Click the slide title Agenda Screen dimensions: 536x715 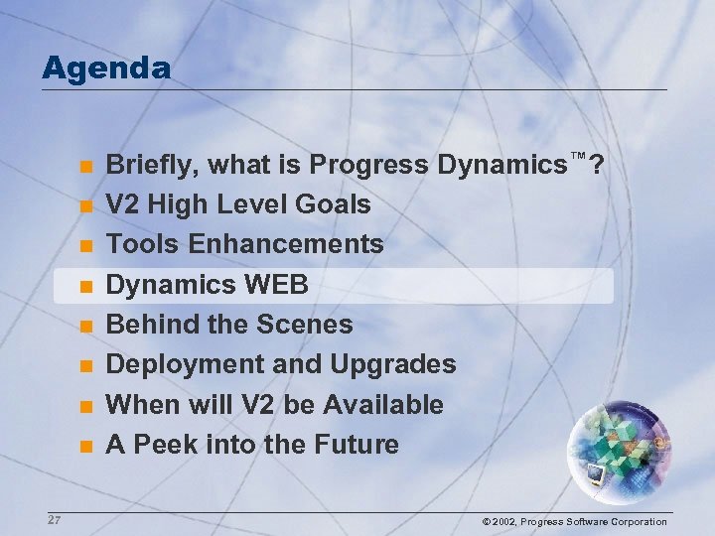[x=106, y=67]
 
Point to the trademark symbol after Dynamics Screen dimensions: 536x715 [x=577, y=156]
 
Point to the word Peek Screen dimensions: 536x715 [x=164, y=445]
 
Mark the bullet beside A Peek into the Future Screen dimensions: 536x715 [x=86, y=447]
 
